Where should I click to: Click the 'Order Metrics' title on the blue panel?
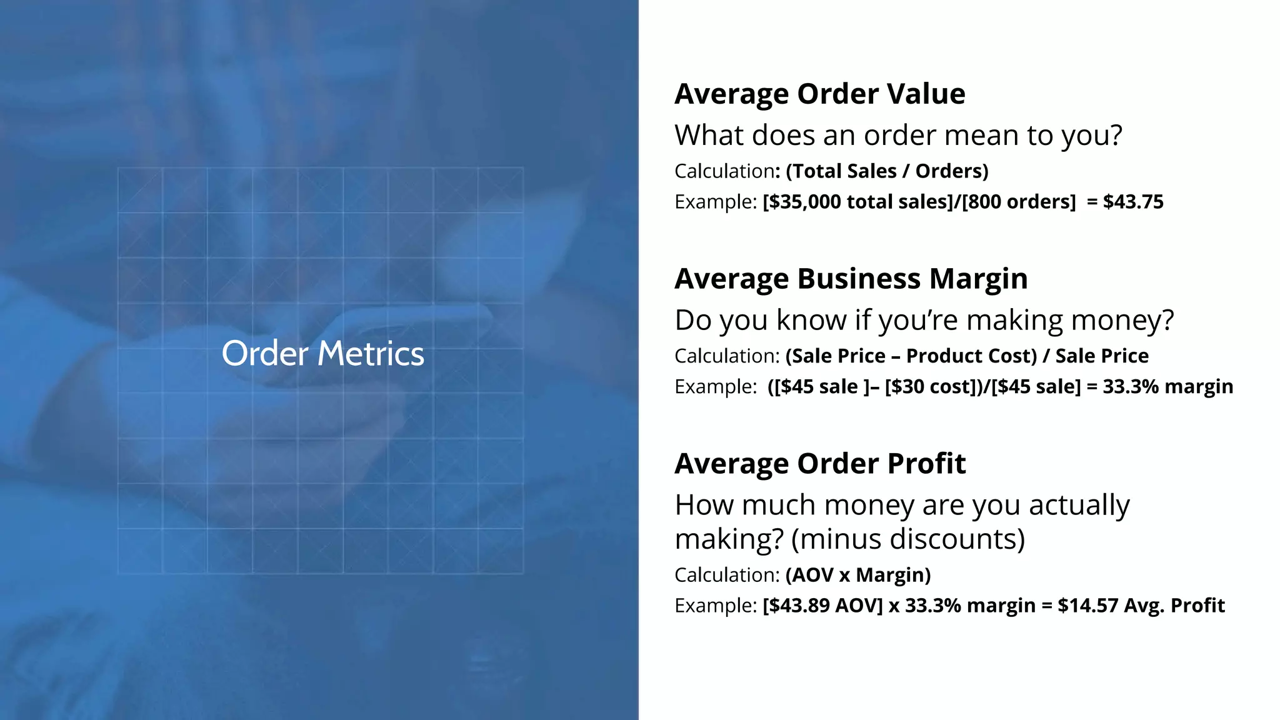(x=322, y=354)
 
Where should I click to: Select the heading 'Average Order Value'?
(x=819, y=94)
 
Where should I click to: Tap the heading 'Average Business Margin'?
(x=851, y=279)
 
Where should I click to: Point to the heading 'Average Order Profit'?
(x=819, y=464)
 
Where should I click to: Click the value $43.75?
(x=1132, y=202)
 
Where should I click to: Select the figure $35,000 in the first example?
(x=804, y=202)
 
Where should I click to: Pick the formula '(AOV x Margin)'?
(x=858, y=575)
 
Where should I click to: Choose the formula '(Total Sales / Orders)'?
(x=887, y=171)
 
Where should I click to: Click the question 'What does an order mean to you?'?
(x=898, y=136)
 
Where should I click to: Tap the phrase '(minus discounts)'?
(x=907, y=539)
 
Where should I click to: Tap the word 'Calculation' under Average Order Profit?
(x=724, y=575)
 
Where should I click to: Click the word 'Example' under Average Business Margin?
(x=714, y=387)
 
